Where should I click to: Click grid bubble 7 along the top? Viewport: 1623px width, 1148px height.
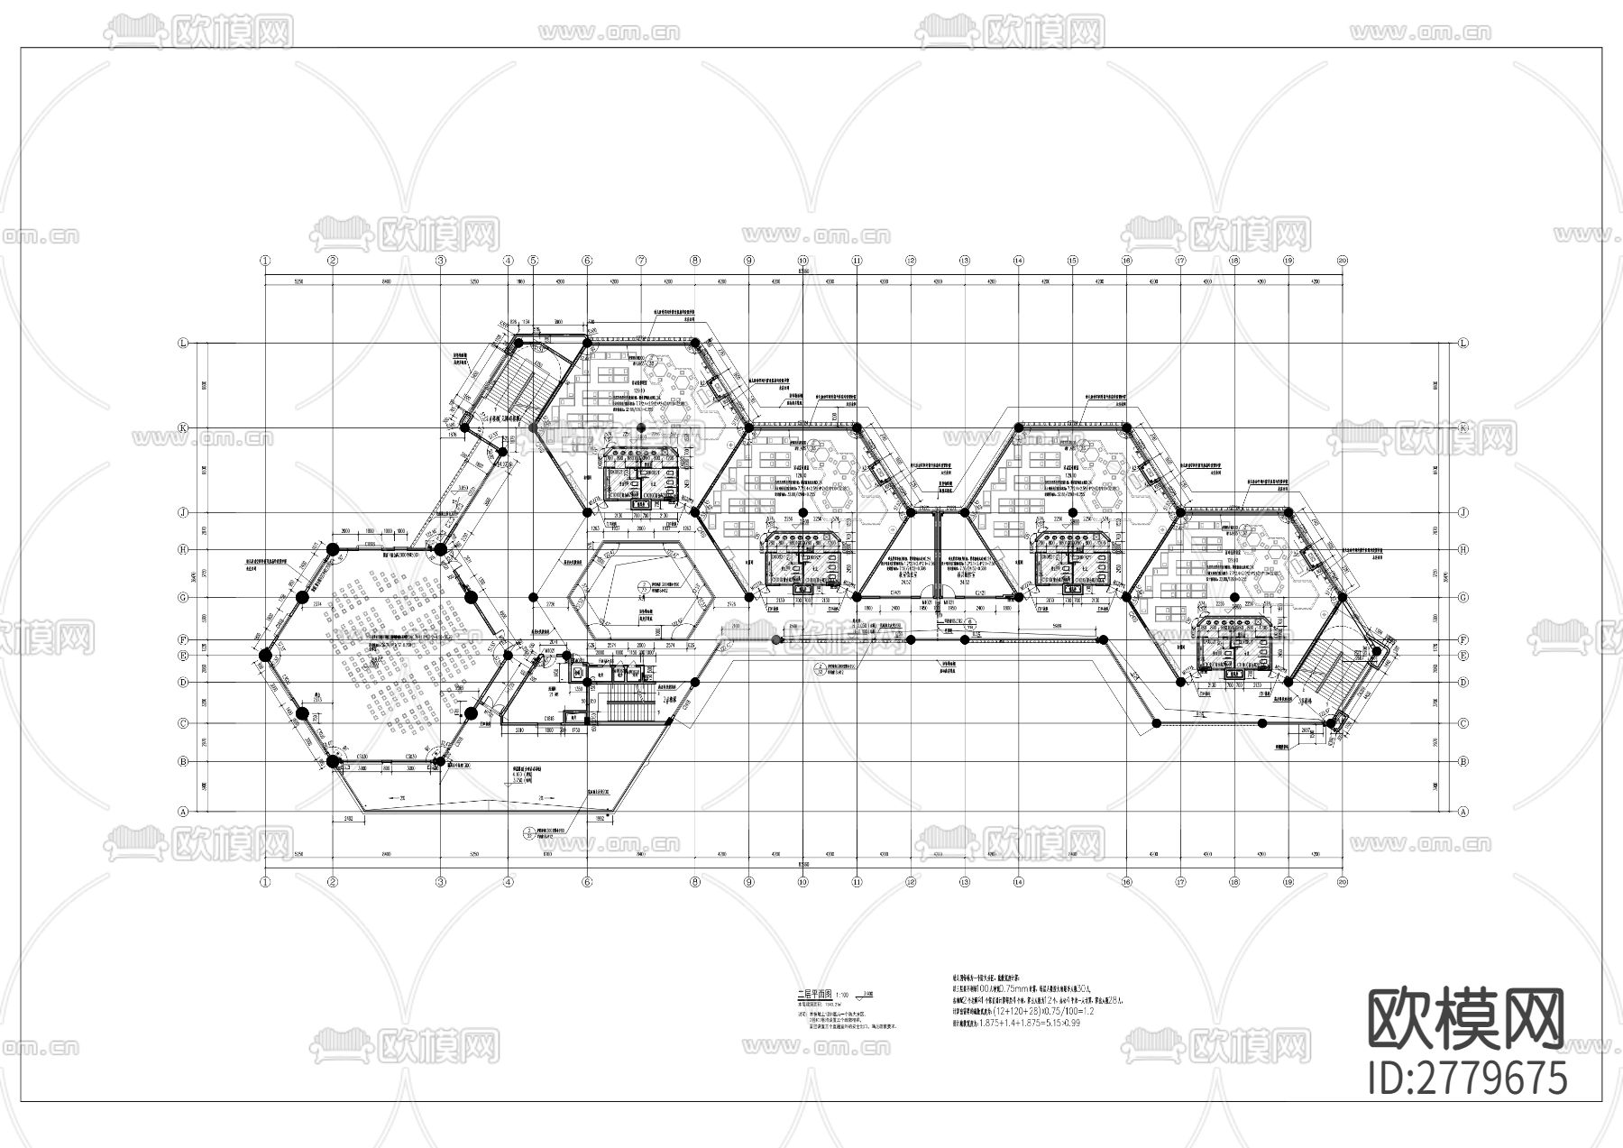[x=641, y=261]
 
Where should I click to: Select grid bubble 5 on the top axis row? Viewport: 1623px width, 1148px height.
[x=533, y=261]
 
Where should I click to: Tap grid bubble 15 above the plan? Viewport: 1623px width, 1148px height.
[x=1072, y=261]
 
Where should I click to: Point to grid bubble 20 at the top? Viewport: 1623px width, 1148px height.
[x=1343, y=261]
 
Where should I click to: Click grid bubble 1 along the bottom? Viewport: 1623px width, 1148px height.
[x=265, y=883]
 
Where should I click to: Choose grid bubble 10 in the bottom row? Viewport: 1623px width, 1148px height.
[x=802, y=883]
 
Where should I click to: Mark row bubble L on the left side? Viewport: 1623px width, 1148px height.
[x=184, y=344]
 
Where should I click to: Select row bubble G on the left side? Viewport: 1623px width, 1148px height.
[x=184, y=597]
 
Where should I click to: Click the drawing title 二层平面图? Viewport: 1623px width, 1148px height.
[x=809, y=992]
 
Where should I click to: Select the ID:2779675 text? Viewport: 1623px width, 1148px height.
[x=1467, y=1079]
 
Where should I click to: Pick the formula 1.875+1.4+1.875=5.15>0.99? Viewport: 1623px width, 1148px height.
[x=1015, y=1024]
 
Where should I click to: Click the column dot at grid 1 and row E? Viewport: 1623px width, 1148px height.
[x=265, y=656]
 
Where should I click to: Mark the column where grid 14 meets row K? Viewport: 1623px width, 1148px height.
[x=1019, y=427]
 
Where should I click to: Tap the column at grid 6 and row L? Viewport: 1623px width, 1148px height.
[x=587, y=344]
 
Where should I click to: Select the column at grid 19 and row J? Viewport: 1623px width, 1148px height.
[x=1288, y=512]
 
